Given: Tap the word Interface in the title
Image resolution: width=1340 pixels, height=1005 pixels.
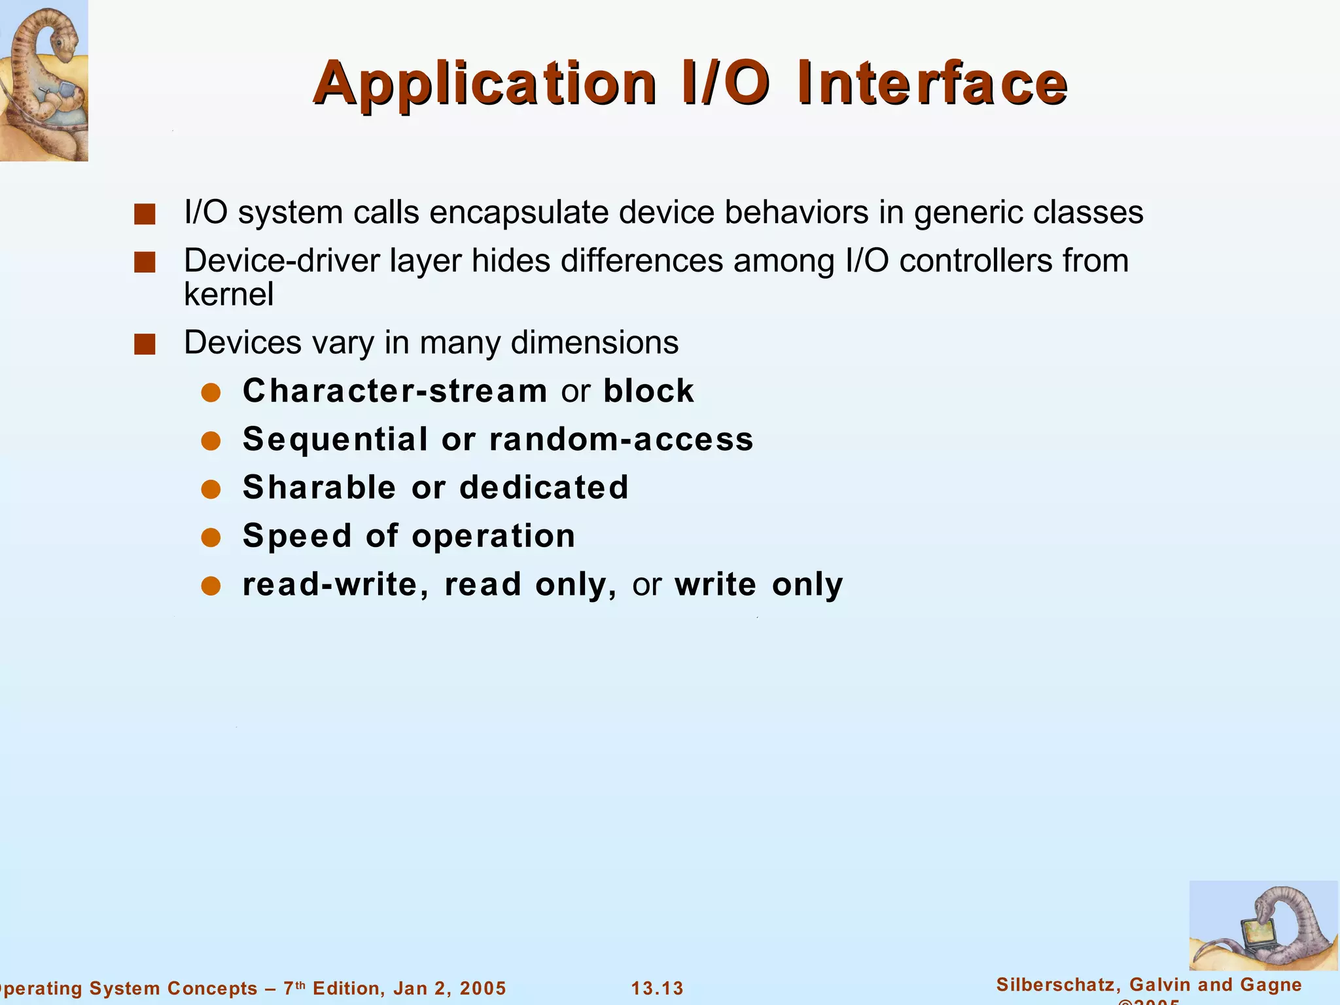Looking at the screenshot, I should (932, 84).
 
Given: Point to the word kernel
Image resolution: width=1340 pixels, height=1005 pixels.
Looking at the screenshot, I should (228, 294).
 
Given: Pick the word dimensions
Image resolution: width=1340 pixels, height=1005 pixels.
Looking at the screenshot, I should (594, 343).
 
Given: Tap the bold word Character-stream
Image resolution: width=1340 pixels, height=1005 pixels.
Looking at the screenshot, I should (395, 391).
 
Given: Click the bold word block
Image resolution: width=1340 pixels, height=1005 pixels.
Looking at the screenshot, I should (648, 391).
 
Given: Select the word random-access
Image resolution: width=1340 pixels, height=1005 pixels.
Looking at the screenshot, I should (622, 439).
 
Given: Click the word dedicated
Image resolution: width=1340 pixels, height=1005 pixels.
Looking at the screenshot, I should (544, 487).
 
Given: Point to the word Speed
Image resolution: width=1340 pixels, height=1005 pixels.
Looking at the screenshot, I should (298, 536).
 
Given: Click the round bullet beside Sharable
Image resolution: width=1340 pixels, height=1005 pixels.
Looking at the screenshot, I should (211, 489).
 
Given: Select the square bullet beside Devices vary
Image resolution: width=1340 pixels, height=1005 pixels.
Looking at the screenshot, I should (145, 344).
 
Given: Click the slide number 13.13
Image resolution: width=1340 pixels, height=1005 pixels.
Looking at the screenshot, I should (657, 988).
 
